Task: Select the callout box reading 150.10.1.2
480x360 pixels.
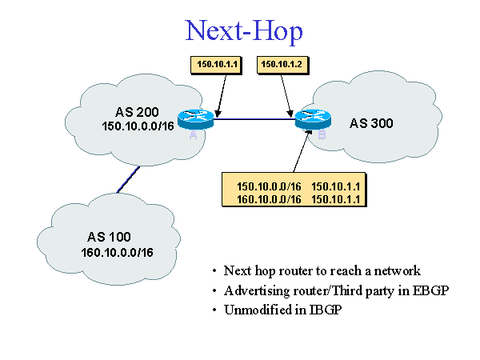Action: point(279,63)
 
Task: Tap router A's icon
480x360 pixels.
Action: point(197,120)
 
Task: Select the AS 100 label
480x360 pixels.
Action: point(108,238)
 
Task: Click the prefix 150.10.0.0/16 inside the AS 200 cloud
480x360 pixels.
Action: point(138,127)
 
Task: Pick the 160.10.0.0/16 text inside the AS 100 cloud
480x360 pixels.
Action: point(117,253)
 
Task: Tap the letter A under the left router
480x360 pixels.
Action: point(193,137)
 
